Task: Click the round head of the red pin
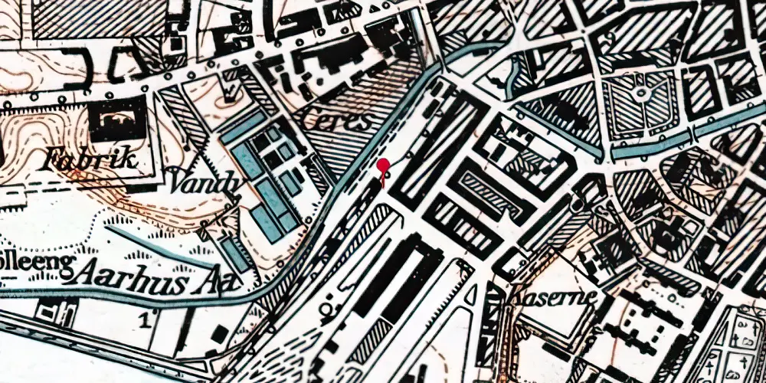[x=382, y=165]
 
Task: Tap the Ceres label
[x=331, y=121]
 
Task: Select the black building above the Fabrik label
[x=117, y=119]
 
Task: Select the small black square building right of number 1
[x=221, y=335]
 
